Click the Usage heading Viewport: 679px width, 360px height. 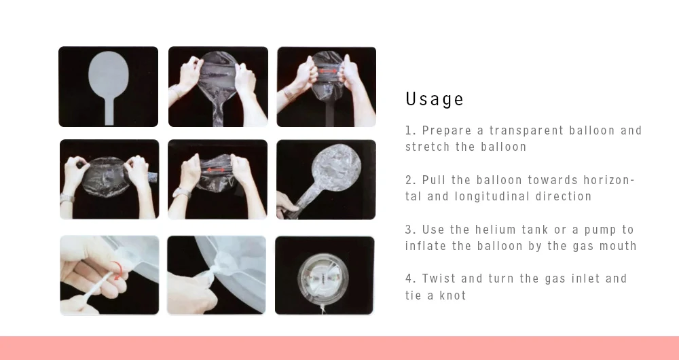(435, 99)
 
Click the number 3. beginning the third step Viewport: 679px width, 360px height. (411, 229)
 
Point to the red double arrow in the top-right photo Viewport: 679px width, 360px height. (327, 71)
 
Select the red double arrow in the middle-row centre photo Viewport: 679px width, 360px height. (216, 170)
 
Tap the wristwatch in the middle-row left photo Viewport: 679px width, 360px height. (67, 198)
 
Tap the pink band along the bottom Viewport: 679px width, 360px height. (339, 348)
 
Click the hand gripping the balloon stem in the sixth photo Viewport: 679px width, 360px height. (287, 205)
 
